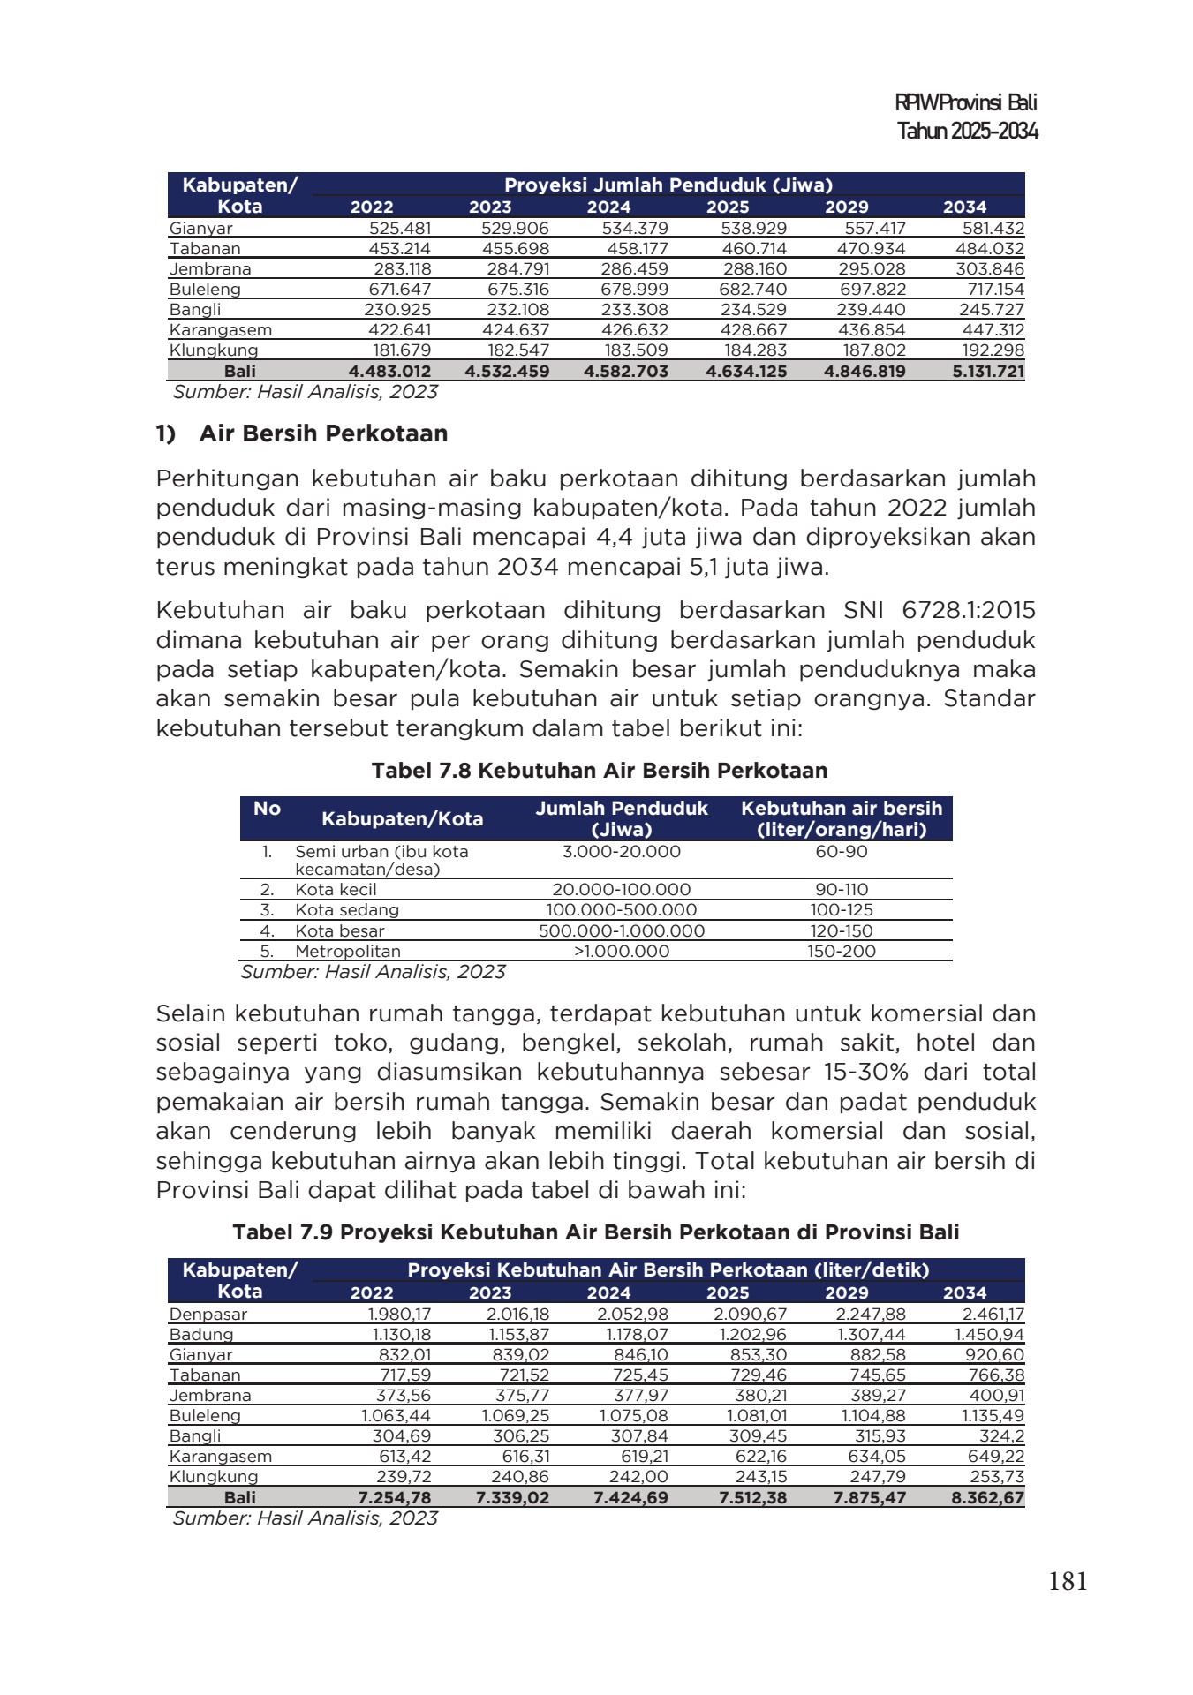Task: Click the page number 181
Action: point(1067,1582)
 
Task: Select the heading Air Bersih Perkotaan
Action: point(323,434)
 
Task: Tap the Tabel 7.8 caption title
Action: point(600,771)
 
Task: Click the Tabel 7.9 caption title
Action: point(595,1232)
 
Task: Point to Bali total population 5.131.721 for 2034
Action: point(988,372)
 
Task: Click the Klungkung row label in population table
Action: point(214,350)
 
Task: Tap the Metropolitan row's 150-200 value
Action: point(841,952)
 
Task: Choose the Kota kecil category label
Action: point(336,890)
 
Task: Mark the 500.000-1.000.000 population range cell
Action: point(622,931)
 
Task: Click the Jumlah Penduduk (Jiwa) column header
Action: point(622,819)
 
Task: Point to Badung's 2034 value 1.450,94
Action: point(989,1335)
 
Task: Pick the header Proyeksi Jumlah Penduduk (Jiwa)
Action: point(668,185)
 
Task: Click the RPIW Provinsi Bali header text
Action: point(965,102)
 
